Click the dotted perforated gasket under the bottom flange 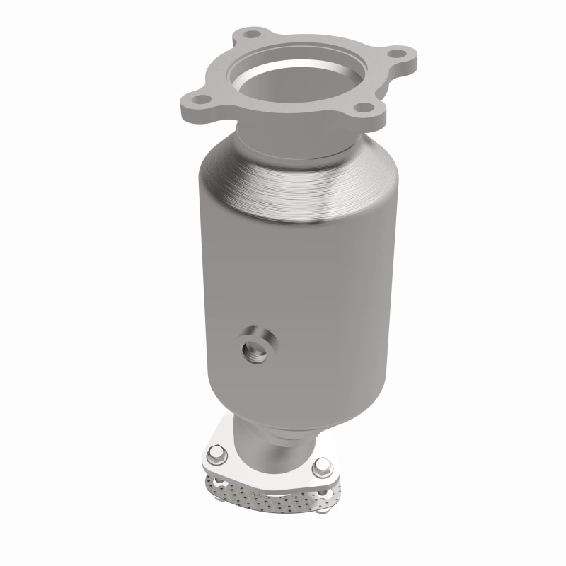[x=262, y=495]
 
